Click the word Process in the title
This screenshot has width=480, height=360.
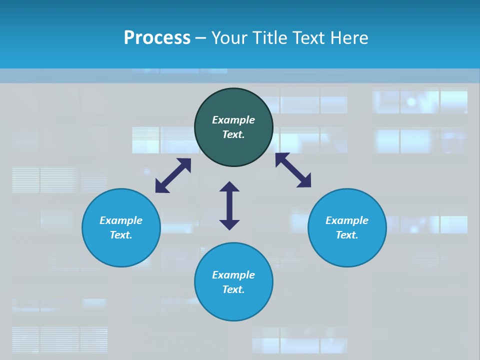[x=157, y=38]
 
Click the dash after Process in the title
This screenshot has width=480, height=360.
[x=200, y=39]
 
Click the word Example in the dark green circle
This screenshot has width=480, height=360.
[x=233, y=120]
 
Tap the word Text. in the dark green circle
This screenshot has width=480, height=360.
[x=233, y=134]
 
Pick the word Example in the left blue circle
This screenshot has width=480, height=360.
[x=121, y=220]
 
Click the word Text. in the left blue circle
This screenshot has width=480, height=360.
[x=121, y=235]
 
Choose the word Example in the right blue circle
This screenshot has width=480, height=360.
[x=347, y=220]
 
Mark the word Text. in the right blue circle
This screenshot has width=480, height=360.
[x=347, y=235]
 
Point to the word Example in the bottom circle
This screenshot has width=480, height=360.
[x=233, y=275]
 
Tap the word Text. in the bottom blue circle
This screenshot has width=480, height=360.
[x=233, y=289]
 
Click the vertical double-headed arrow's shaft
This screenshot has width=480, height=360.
[x=229, y=205]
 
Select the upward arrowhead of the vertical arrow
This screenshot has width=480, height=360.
[x=229, y=186]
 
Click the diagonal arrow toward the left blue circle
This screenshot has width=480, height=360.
[x=173, y=175]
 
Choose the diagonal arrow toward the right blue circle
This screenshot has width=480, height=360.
[x=293, y=170]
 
